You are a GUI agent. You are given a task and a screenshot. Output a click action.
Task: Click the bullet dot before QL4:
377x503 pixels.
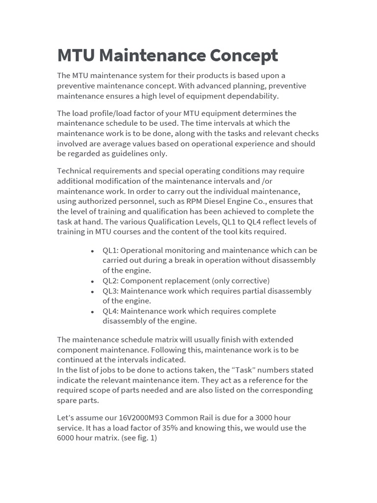point(92,311)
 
